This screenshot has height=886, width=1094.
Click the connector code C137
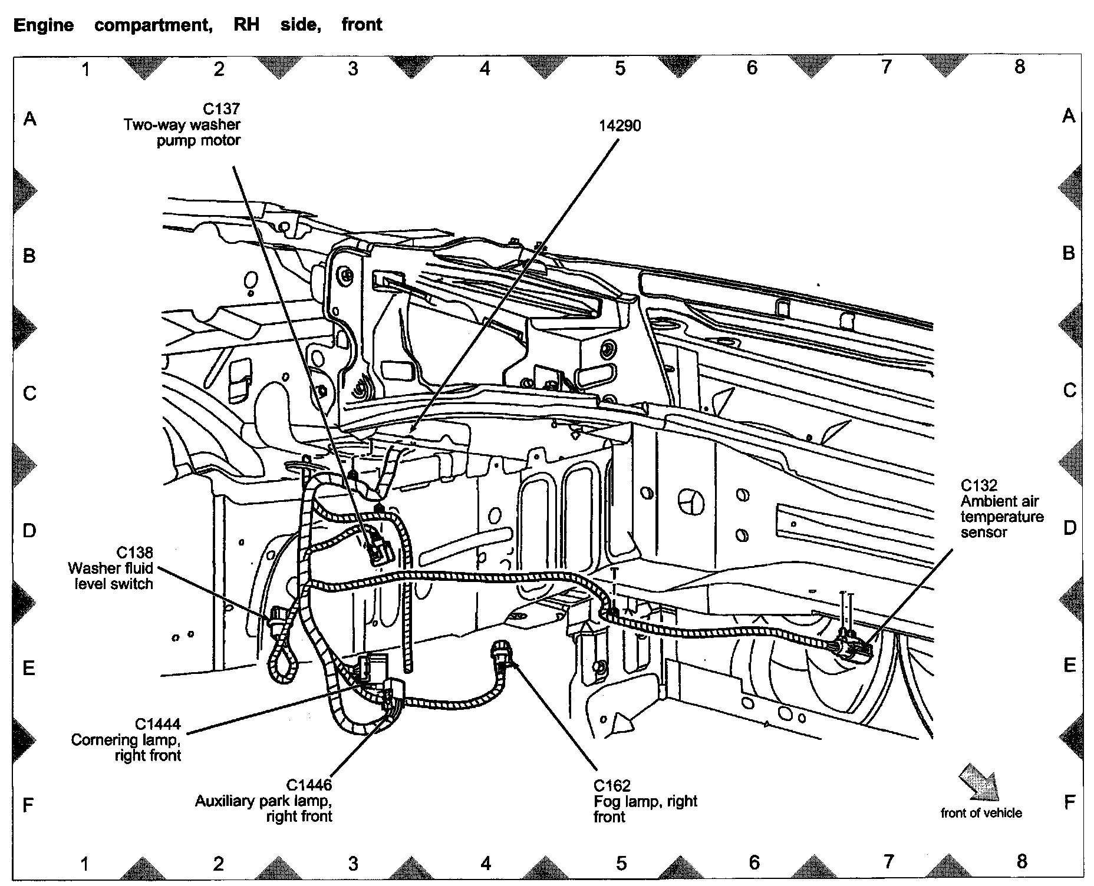tap(222, 109)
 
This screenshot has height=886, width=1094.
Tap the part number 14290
tap(620, 125)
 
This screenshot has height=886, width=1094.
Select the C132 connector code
tap(978, 485)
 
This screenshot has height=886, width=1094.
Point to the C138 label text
tap(134, 553)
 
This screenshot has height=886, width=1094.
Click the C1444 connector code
tap(157, 724)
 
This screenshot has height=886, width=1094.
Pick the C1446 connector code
tap(309, 785)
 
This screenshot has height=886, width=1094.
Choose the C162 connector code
tap(612, 786)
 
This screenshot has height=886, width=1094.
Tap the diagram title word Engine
tap(44, 25)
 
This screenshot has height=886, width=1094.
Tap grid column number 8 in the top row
tap(1019, 67)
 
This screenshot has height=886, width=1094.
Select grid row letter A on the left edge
tap(29, 120)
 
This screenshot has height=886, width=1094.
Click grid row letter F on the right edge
tap(1069, 802)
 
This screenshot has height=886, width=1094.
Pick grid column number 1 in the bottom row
tap(85, 864)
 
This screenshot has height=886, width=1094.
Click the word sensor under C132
tap(983, 533)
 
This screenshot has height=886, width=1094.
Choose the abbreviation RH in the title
tap(246, 25)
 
